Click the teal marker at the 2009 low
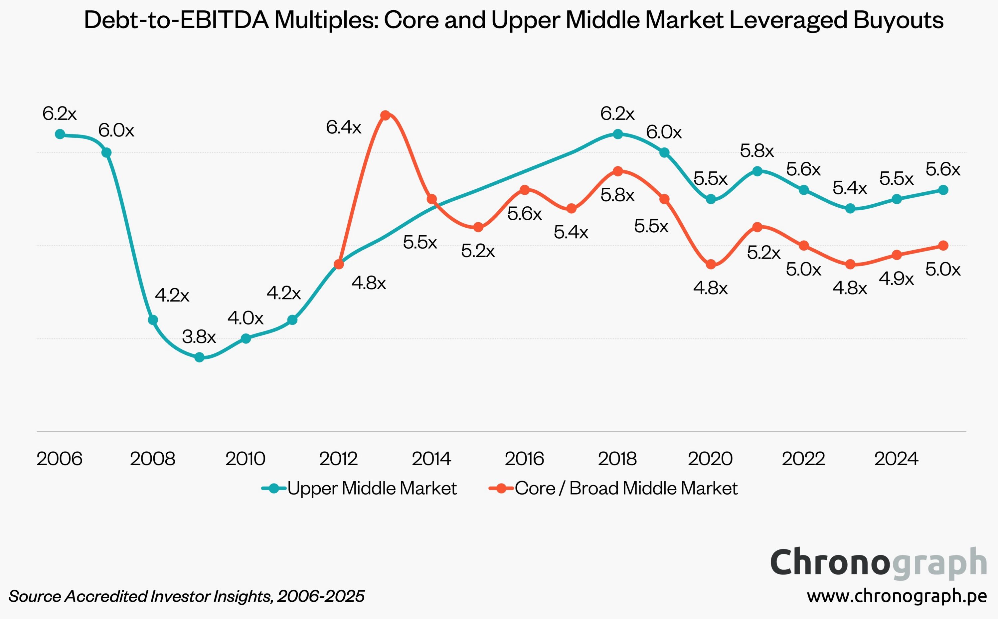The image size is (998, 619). tap(199, 357)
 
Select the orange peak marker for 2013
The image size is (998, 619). tap(385, 115)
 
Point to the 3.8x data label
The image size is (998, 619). tap(199, 337)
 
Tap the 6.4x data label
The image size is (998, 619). tap(343, 127)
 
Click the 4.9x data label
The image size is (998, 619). tap(896, 279)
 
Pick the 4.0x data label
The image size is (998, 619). tap(246, 318)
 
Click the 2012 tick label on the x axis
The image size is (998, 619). tap(338, 459)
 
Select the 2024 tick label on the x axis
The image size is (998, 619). tap(896, 459)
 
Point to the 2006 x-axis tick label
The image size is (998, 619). tap(60, 459)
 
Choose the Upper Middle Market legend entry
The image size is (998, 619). tap(359, 488)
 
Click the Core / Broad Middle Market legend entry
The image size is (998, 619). tap(613, 488)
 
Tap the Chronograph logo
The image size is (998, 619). tap(879, 563)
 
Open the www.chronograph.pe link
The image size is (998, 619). tap(897, 596)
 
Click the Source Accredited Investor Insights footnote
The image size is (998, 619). tap(186, 596)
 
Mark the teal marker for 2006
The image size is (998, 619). tap(60, 134)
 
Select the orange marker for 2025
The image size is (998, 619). tap(943, 246)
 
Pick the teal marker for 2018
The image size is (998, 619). tap(618, 134)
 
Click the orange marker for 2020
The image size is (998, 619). tap(711, 265)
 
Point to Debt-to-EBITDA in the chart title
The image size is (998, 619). tap(177, 20)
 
